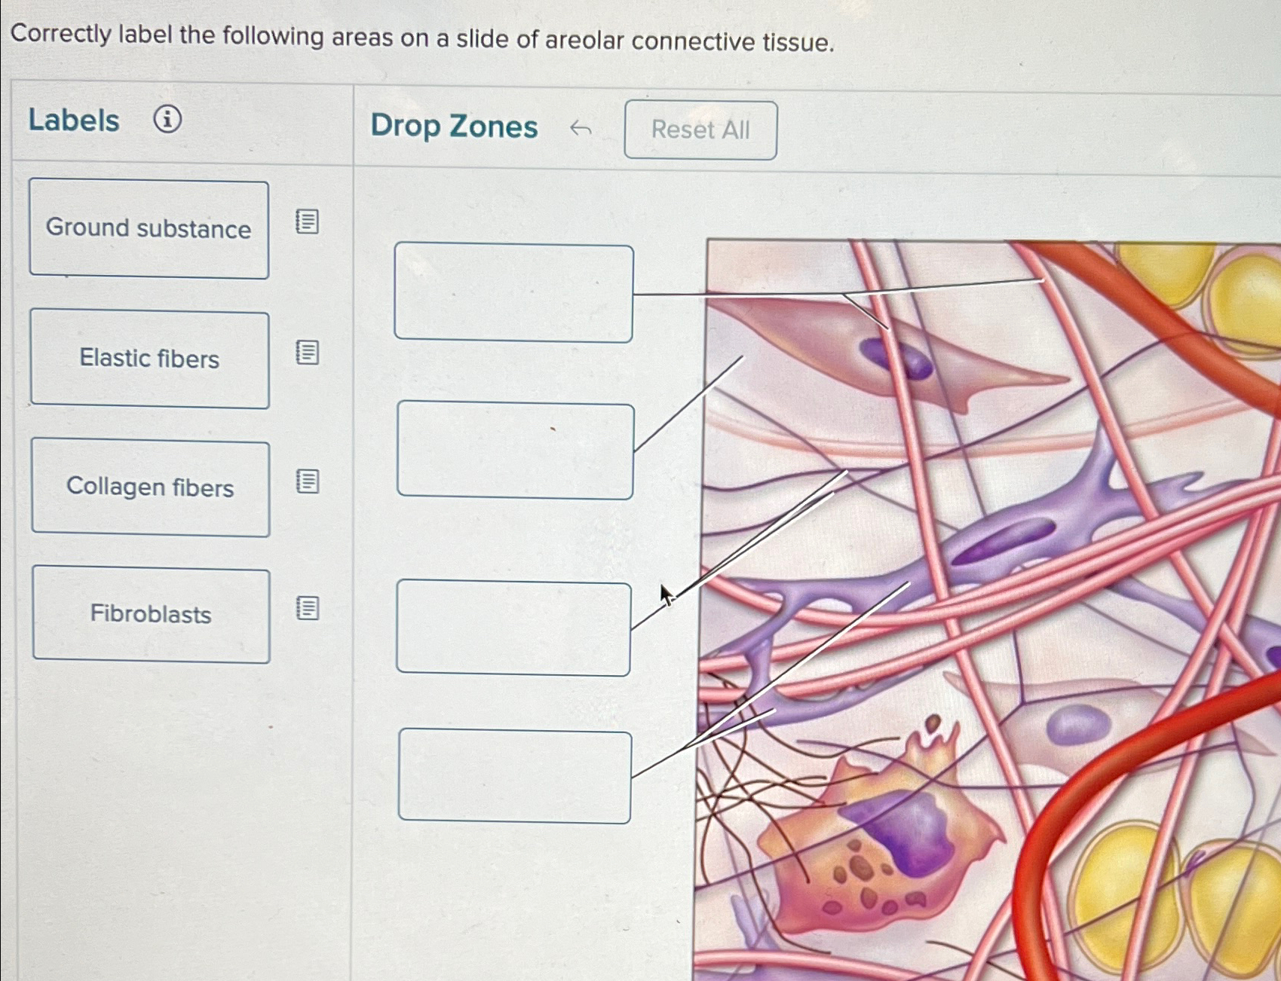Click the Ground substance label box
tap(149, 229)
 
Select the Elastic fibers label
tap(149, 359)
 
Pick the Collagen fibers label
tap(150, 487)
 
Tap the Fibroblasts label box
tap(151, 615)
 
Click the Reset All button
tap(700, 130)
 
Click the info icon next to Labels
tap(167, 119)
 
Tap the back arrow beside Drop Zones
tap(580, 129)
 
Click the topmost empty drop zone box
tap(513, 292)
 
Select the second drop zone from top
tap(515, 451)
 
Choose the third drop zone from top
tap(513, 628)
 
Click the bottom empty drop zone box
tap(514, 775)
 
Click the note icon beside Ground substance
tap(307, 222)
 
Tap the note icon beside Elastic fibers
tap(307, 352)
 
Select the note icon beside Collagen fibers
tap(307, 481)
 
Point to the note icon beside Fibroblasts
tap(307, 608)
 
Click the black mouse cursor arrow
tap(666, 594)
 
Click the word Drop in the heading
tap(405, 126)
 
